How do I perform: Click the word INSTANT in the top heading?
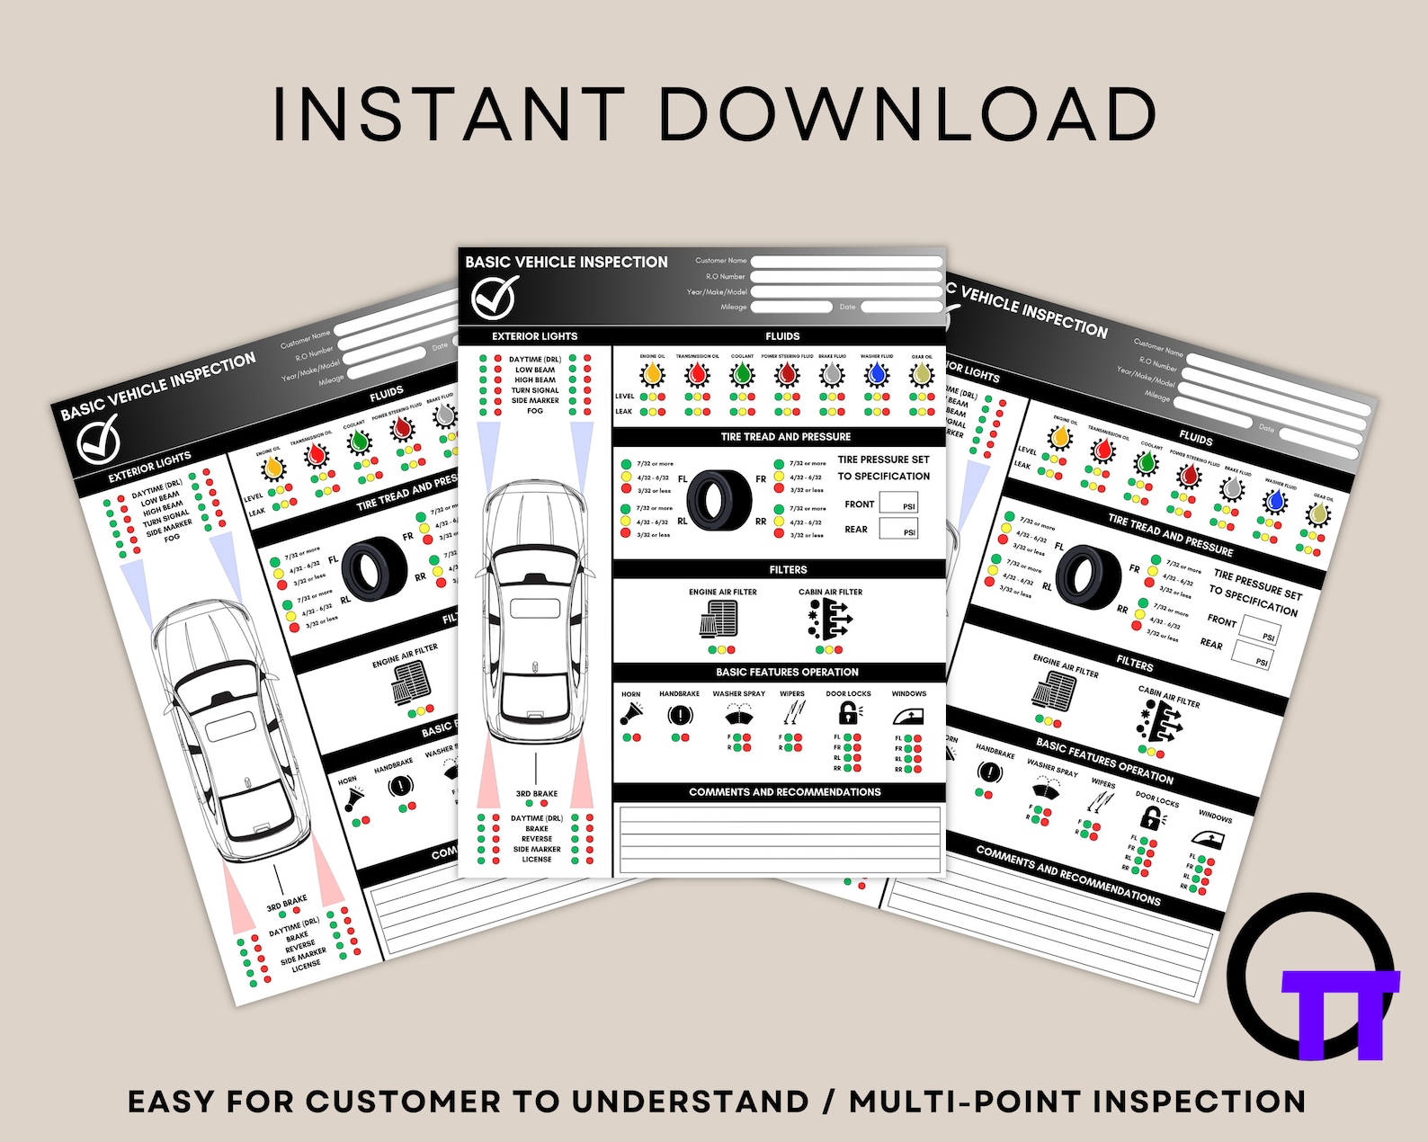pos(448,114)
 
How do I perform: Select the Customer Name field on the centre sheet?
pos(845,262)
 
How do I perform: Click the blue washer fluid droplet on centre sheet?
pos(877,373)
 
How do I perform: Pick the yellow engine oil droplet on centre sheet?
pos(653,373)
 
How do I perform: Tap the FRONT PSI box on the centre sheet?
pos(898,504)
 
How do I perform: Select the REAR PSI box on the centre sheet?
pos(898,529)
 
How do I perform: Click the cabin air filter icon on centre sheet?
pos(829,620)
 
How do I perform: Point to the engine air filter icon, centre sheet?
pos(719,619)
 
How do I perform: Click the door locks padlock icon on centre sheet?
pos(848,713)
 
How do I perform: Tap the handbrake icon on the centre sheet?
pos(680,716)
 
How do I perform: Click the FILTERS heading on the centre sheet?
pos(788,570)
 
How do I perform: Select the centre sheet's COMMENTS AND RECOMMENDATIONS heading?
pos(784,792)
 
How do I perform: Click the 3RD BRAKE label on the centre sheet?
pos(537,794)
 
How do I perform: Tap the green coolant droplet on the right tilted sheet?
pos(1145,463)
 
